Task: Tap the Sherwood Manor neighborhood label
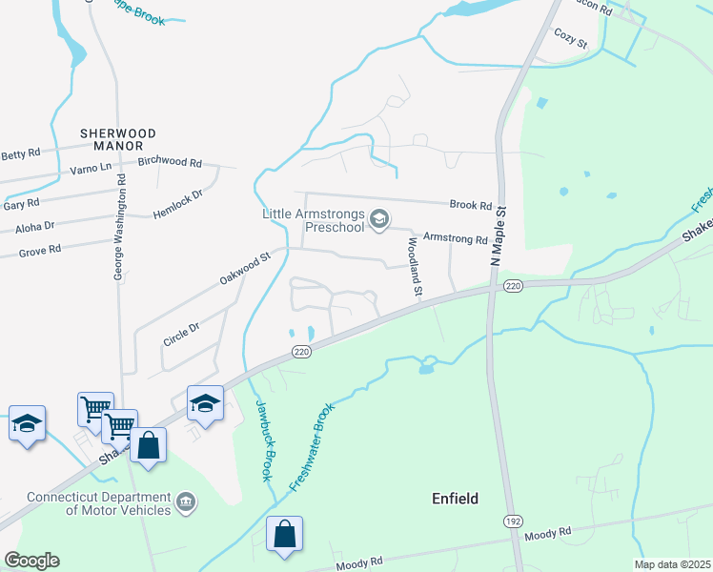tap(112, 139)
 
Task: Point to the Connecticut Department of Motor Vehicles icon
tap(186, 501)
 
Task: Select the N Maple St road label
tap(495, 235)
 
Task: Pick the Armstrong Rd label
tap(455, 238)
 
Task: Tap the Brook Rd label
tap(471, 205)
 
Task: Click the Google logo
tap(31, 561)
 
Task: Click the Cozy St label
tap(570, 39)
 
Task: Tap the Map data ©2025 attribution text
tap(671, 564)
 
